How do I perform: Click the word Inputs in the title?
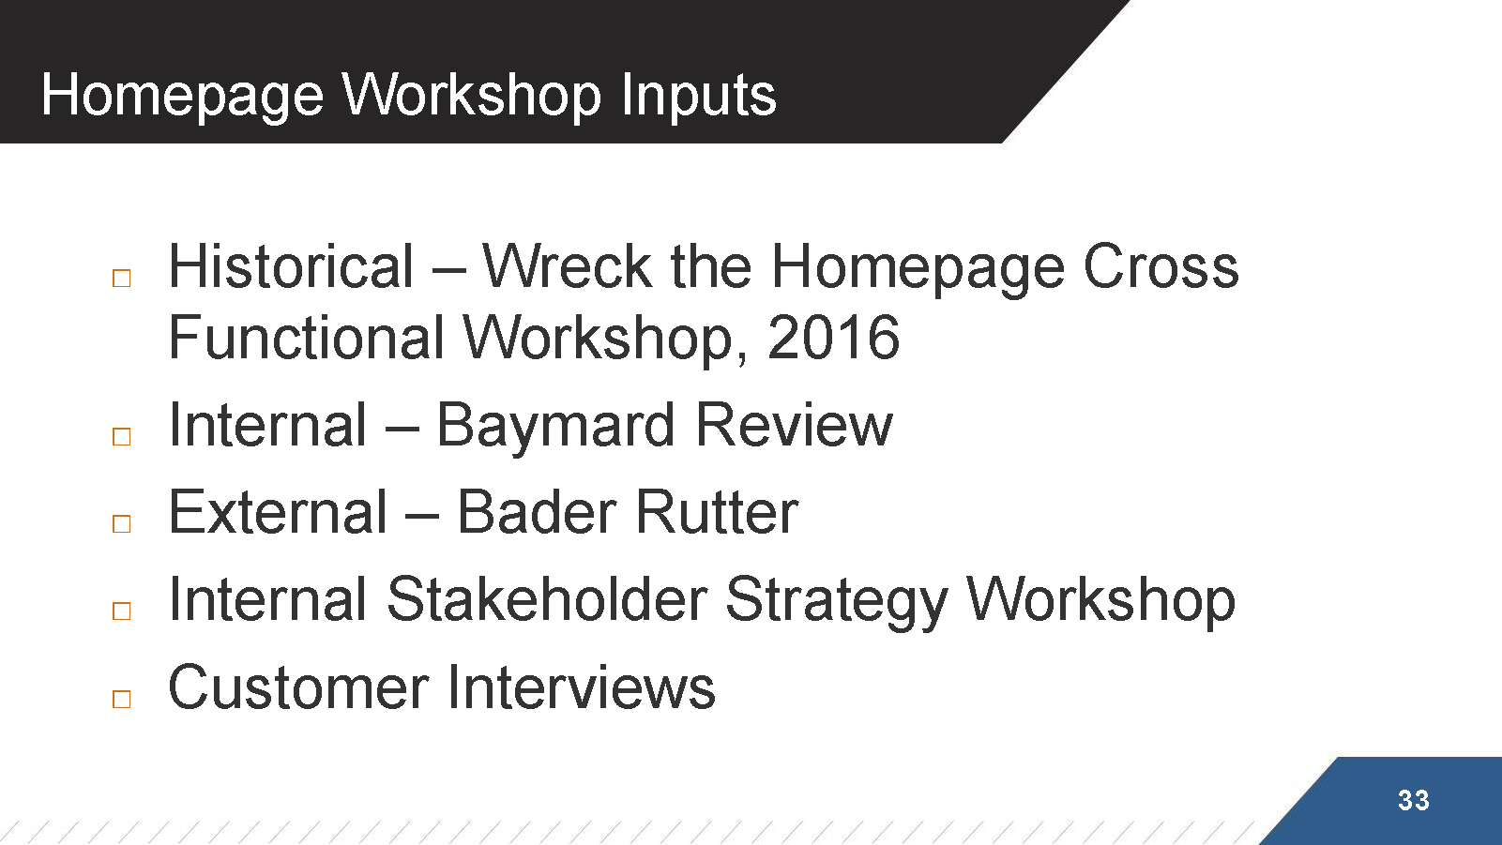click(698, 97)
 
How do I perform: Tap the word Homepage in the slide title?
click(182, 97)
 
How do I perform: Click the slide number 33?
click(1414, 800)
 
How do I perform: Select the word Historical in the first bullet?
click(290, 266)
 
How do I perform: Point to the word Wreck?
click(567, 266)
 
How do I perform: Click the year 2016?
click(833, 337)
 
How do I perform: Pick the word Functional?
click(307, 337)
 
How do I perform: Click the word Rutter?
click(717, 512)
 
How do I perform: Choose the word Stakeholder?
click(547, 599)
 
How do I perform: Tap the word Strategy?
click(836, 600)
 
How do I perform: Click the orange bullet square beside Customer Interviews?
click(121, 699)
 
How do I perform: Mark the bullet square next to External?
click(121, 524)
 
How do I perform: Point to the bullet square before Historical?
click(121, 279)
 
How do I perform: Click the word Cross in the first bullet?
click(1161, 266)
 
